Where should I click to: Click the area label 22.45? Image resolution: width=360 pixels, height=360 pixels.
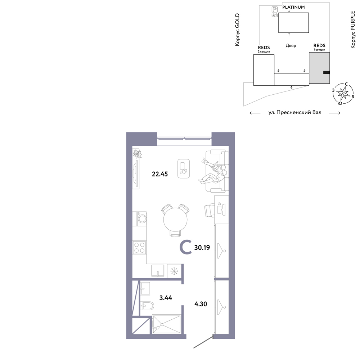point(160,174)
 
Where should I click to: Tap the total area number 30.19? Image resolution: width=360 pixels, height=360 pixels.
point(202,248)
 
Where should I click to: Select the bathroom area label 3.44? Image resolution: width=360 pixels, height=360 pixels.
point(166,298)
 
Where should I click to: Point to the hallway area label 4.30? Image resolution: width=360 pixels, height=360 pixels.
point(201,304)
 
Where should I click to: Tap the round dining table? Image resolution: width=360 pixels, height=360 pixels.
point(175,220)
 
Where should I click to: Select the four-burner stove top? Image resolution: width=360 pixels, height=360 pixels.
point(139,248)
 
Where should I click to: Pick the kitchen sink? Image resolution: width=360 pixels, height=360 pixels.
point(158,270)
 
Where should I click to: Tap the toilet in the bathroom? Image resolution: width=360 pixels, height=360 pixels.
point(147,306)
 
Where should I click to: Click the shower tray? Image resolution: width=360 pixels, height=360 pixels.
point(166,324)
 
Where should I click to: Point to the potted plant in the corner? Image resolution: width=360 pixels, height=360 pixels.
point(137,154)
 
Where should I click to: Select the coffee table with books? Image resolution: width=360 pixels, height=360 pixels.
point(184,168)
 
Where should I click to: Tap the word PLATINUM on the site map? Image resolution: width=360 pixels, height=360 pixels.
point(293,7)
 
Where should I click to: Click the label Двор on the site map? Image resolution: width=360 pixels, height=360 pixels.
point(291,46)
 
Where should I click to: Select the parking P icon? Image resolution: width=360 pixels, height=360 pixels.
point(275,9)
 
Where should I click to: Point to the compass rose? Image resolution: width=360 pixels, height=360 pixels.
point(343,94)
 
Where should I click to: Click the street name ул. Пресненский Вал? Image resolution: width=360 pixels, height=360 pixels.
point(295,112)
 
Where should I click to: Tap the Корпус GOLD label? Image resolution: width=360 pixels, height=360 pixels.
point(237,30)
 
